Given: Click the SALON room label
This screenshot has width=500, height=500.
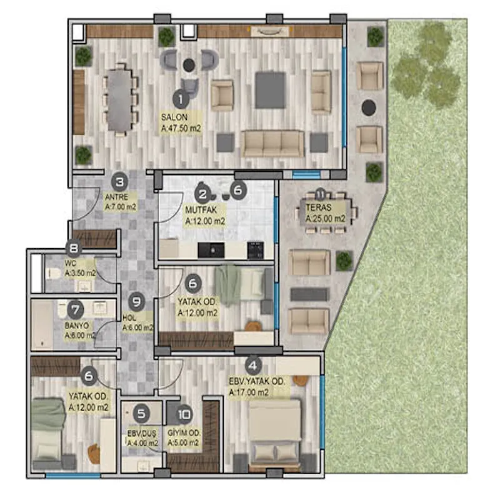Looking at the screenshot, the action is pos(174,117).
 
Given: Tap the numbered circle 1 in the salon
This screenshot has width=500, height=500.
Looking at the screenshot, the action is pos(181,99).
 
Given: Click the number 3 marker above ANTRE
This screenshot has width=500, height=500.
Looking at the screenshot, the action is pos(119,182).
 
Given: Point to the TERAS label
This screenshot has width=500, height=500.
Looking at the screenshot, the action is pos(319,207).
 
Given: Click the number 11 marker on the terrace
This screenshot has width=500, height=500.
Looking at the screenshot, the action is pos(321,194).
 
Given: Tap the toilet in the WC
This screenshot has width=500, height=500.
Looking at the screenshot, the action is pos(53,273).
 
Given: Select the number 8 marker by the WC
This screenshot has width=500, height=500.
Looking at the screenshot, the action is pos(74,248).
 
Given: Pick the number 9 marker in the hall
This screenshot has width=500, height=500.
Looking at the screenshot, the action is pos(137,302).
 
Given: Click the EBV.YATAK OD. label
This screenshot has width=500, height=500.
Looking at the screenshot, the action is pos(257,381).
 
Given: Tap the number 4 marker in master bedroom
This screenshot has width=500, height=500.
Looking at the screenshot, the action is pos(253,366).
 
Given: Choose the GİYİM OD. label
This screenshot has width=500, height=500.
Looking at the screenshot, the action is pos(184,432).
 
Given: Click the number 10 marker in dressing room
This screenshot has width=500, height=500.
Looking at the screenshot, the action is pos(184,414).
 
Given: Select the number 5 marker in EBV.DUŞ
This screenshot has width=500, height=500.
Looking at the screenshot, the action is pos(141,414).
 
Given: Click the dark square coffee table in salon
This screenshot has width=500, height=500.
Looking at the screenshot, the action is pos(270,90).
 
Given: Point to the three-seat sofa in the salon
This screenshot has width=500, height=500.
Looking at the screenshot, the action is pos(272,144).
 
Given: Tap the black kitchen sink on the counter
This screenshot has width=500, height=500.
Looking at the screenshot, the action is pos(211,251).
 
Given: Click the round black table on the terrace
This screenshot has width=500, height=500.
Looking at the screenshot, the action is pos(369,107).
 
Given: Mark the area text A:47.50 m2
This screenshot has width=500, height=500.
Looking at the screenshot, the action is pos(181,129).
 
